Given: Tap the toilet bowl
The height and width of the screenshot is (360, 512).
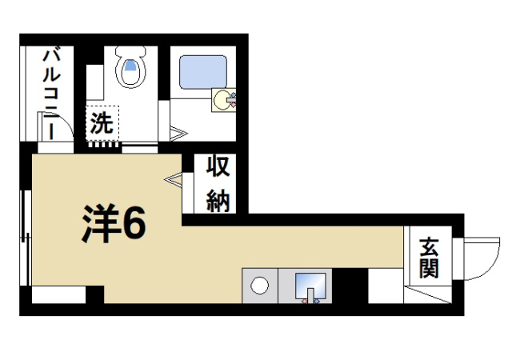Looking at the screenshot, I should [x=130, y=71].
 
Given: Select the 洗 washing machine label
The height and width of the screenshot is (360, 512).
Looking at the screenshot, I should [x=102, y=124].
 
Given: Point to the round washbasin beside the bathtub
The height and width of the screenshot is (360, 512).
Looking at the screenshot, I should [x=222, y=101].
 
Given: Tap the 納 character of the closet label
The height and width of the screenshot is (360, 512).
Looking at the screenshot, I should [x=218, y=199].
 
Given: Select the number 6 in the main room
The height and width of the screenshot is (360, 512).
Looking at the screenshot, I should [x=134, y=223].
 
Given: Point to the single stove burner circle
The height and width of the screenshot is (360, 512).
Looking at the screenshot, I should [x=259, y=285].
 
